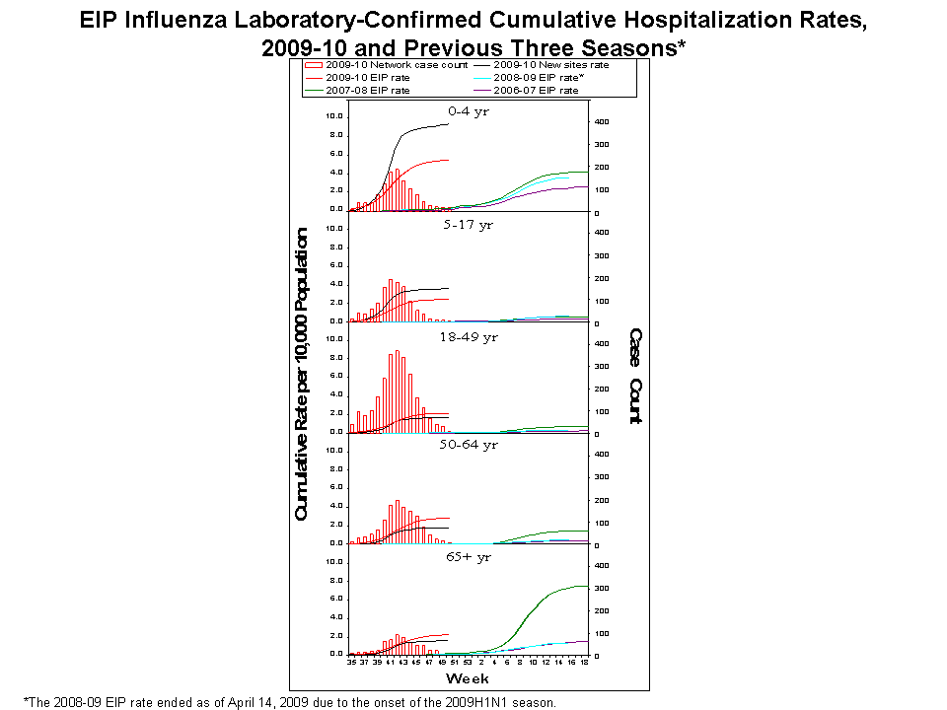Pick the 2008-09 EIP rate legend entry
point(532,77)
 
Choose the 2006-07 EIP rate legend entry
point(532,90)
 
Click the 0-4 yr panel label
point(468,111)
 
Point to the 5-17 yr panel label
point(468,224)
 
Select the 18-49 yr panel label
point(468,336)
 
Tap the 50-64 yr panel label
point(468,445)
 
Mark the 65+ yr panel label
point(468,556)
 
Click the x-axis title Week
point(468,679)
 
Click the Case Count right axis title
point(636,376)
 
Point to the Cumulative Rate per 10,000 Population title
point(302,375)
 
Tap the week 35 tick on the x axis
point(352,664)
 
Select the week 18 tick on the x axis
point(585,664)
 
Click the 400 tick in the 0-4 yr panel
point(600,121)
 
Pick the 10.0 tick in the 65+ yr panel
point(334,562)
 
